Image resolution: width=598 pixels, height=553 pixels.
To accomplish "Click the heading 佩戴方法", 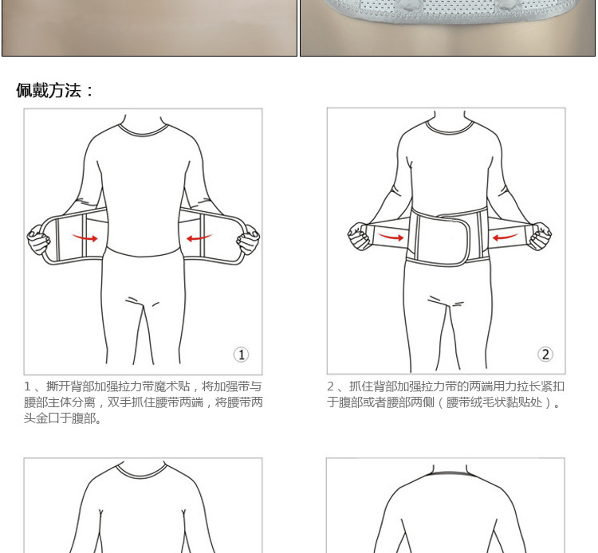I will (55, 90).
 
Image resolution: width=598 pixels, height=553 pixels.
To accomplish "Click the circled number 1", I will (241, 355).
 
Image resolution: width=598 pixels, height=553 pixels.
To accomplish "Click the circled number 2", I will (545, 355).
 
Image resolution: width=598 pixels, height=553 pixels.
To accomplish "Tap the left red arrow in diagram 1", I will (85, 237).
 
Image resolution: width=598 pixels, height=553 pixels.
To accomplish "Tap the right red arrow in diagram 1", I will (199, 237).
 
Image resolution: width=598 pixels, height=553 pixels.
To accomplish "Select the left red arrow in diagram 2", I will (391, 236).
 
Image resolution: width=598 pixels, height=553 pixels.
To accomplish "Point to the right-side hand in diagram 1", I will (248, 239).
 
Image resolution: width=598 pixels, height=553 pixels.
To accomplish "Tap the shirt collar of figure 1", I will (144, 129).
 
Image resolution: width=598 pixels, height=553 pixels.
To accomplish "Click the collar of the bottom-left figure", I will (144, 471).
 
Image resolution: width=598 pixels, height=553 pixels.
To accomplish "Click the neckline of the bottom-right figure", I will (447, 472).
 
